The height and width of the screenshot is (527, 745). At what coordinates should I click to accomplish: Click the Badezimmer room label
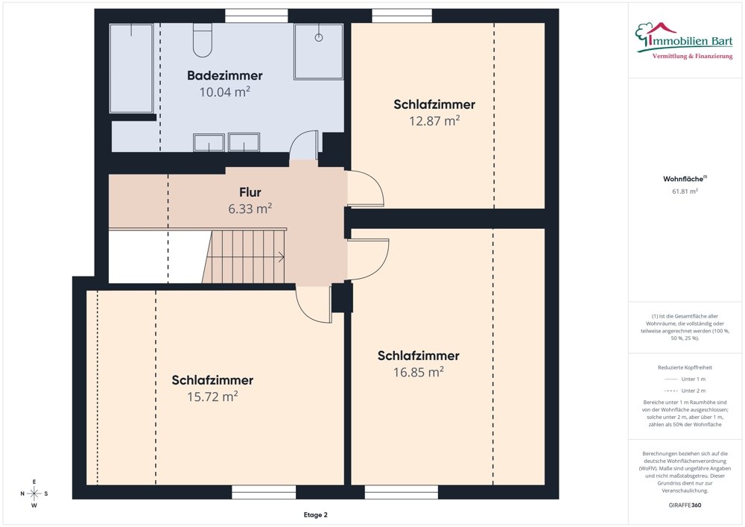[224, 75]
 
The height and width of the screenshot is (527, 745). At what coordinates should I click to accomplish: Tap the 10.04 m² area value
[224, 92]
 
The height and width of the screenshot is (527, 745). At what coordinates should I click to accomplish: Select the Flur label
[250, 192]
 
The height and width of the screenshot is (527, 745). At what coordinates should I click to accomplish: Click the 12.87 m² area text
[434, 121]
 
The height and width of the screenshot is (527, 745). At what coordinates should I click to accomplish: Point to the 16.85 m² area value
[418, 372]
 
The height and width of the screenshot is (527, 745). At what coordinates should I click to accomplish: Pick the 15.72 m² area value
[212, 397]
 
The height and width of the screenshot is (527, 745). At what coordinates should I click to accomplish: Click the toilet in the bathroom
[203, 41]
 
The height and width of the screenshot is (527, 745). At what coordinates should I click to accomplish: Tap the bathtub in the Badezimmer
[132, 68]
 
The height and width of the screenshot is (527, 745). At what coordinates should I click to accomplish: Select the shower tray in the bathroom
[319, 51]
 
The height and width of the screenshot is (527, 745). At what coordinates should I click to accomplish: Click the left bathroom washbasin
[209, 142]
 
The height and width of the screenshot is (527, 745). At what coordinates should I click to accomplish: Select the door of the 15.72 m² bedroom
[313, 304]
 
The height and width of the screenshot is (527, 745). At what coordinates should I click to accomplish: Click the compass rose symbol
[34, 493]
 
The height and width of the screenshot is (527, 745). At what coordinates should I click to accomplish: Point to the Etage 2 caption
[314, 515]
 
